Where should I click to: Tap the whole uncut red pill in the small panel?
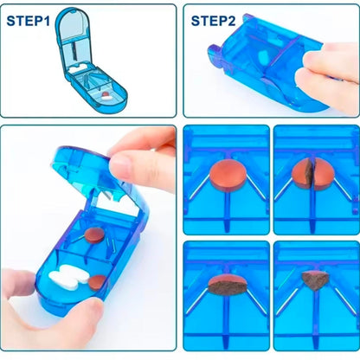[227, 170]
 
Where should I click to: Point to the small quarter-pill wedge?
[315, 280]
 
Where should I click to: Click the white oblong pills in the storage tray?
[66, 280]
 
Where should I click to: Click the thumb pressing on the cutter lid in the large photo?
[138, 164]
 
